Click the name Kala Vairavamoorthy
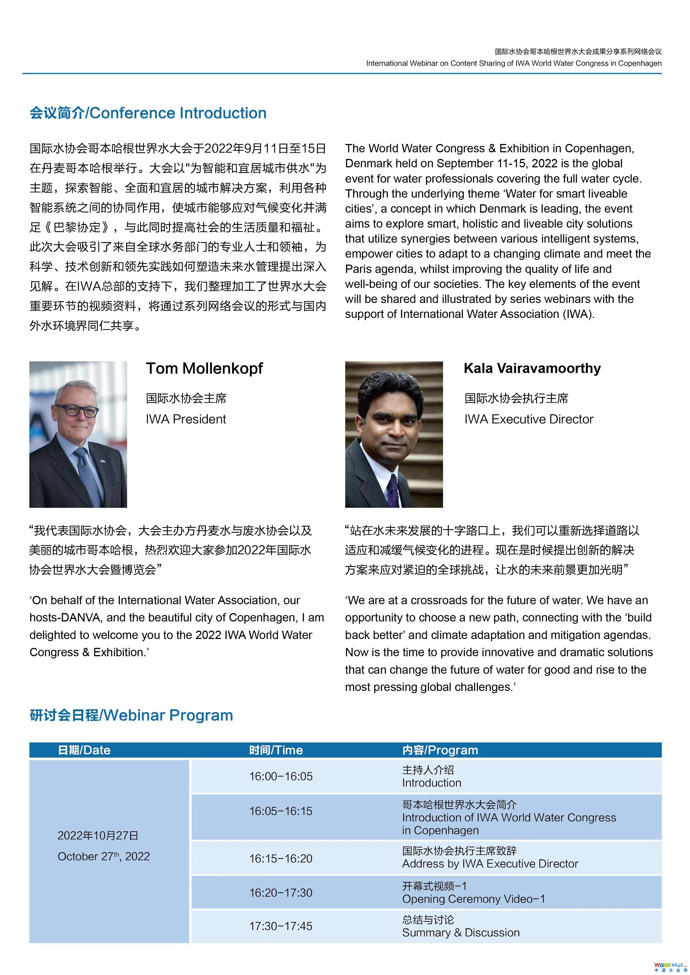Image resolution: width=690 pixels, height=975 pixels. click(532, 368)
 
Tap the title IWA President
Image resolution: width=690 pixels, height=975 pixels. click(186, 419)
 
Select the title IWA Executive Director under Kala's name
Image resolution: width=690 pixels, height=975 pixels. click(528, 419)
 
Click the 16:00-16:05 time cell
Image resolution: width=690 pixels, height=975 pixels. click(281, 776)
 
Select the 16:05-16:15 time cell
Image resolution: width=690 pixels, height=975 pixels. click(281, 811)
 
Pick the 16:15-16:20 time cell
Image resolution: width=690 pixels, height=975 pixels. click(281, 859)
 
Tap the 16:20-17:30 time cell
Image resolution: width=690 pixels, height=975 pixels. click(281, 893)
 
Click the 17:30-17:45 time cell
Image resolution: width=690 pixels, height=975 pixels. click(281, 926)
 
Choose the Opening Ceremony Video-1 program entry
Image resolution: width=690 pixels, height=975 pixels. click(473, 899)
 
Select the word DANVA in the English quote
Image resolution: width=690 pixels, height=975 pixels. click(81, 618)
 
